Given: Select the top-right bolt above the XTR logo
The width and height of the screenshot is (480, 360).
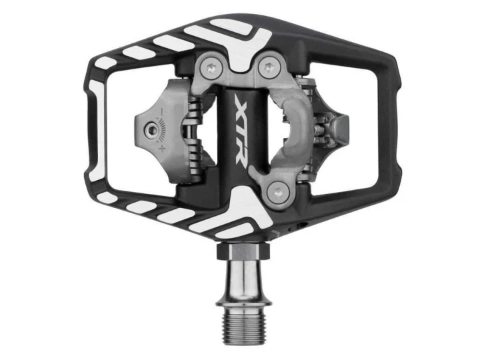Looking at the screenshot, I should click(269, 67).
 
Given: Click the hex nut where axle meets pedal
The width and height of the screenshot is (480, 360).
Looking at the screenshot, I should click(243, 252).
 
